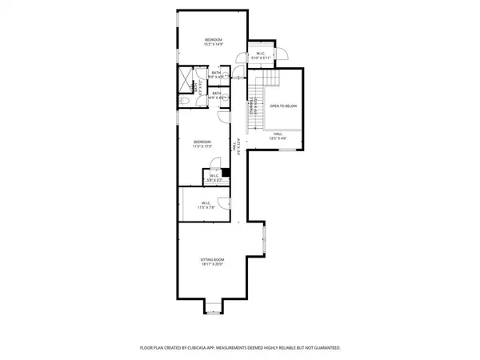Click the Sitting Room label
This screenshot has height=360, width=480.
tap(212, 263)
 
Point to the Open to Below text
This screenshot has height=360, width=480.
tap(283, 105)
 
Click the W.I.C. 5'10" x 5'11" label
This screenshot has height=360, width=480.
tap(261, 56)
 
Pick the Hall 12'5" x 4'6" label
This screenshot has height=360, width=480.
tap(278, 136)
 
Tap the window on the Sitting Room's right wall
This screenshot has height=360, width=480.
tap(264, 239)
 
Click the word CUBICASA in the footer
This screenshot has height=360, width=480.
tap(206, 348)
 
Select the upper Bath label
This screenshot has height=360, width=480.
tap(216, 74)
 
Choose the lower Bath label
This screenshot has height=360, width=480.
tap(216, 95)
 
